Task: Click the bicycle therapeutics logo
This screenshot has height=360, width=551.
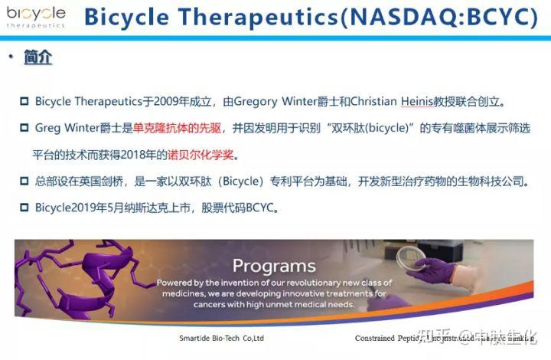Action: pos(35,16)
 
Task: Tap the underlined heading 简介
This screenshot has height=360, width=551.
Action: pos(38,57)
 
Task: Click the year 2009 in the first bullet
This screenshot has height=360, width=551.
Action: pos(167,101)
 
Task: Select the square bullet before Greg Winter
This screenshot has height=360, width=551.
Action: pos(24,128)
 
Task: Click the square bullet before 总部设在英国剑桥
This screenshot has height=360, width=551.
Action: pos(24,182)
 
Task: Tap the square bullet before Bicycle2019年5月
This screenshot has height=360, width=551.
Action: pos(24,208)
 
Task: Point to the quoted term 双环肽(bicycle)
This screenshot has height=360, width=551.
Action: pos(360,128)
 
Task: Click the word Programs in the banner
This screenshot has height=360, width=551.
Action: pos(274,266)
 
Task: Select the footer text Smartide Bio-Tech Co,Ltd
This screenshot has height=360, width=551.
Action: pos(222,338)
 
